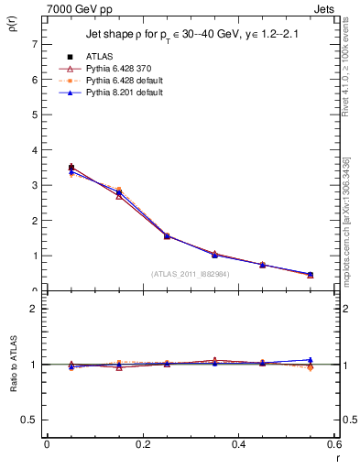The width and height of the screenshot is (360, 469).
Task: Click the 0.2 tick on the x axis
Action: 143,444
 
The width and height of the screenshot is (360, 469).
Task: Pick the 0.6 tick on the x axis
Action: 335,444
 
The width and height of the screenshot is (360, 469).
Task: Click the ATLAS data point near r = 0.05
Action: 71,168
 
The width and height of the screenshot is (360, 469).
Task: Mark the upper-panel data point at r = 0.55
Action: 310,275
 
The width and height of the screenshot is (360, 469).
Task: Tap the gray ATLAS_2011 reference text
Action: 189,273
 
